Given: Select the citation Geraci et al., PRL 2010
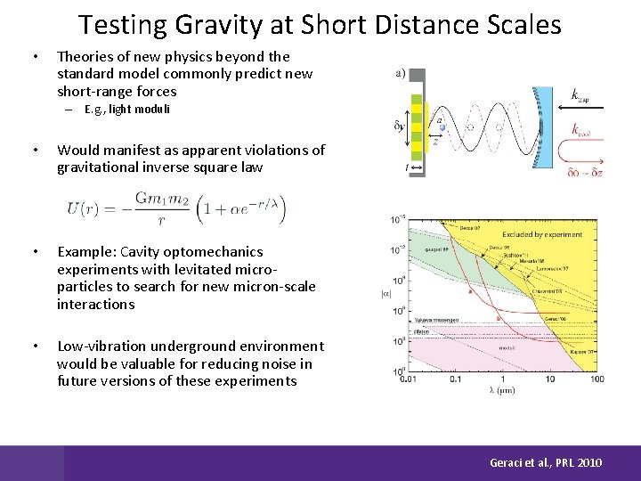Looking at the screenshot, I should click(546, 462).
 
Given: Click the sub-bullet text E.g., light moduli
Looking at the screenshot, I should click(127, 110).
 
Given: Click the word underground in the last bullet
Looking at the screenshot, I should click(195, 346).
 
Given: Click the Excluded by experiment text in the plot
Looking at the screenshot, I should click(540, 235).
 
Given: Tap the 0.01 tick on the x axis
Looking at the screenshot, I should click(409, 379).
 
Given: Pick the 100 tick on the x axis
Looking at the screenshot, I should click(596, 379).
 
